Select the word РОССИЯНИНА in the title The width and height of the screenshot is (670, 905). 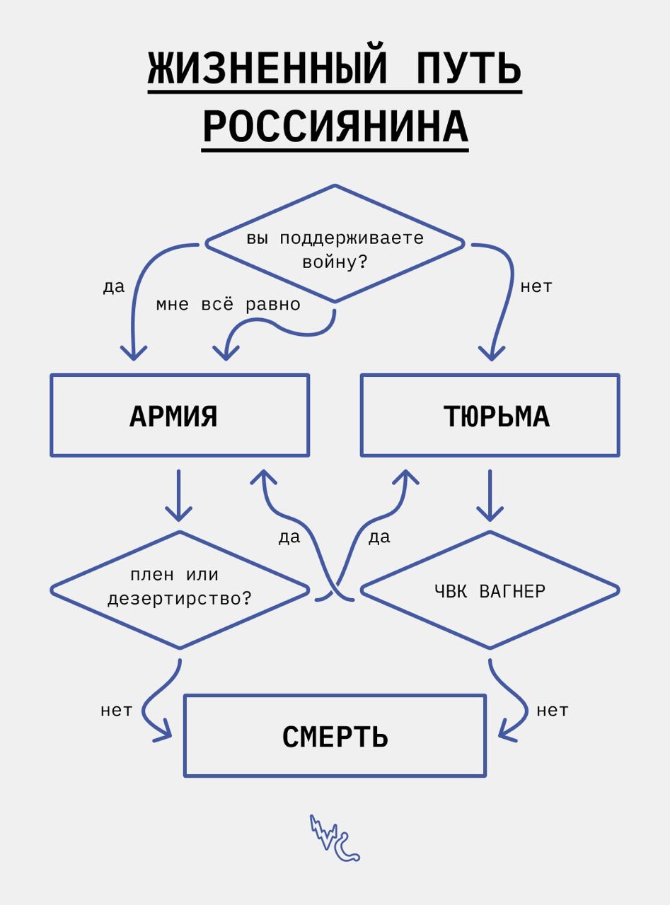(335, 127)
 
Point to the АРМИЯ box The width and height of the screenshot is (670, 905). (180, 416)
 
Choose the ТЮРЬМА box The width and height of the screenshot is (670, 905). (490, 416)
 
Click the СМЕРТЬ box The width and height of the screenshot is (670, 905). (335, 736)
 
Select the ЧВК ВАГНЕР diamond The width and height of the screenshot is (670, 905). (490, 590)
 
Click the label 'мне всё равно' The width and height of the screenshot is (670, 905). (228, 305)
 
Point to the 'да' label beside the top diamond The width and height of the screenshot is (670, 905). (113, 287)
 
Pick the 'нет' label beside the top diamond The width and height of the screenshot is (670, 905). (536, 287)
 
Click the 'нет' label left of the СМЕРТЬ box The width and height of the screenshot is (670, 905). (116, 711)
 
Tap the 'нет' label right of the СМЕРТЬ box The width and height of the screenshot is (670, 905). (552, 711)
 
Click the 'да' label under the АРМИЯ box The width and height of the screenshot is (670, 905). (289, 537)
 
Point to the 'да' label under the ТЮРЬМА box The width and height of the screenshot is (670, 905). (379, 537)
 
